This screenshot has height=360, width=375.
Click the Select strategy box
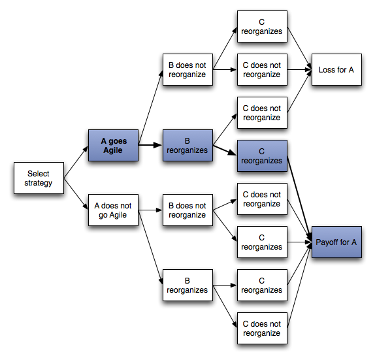click(39, 178)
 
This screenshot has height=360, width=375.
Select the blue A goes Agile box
click(113, 145)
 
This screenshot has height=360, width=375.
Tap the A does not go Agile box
click(113, 210)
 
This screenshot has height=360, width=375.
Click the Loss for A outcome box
click(336, 70)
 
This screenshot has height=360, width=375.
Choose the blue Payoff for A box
click(336, 242)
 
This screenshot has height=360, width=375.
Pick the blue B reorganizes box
click(187, 145)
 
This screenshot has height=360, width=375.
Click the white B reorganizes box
click(187, 286)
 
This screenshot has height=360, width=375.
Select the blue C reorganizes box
click(262, 155)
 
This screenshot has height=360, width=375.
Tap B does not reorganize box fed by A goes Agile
click(187, 70)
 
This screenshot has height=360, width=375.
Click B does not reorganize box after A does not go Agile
click(187, 210)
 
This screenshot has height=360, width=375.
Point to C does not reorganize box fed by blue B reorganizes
click(262, 113)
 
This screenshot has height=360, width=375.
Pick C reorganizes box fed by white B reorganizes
click(262, 286)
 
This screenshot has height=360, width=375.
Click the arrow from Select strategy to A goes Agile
click(76, 162)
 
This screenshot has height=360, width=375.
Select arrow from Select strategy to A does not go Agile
click(76, 195)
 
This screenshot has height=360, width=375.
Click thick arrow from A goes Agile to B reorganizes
click(150, 145)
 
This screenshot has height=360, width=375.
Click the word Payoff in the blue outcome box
click(327, 242)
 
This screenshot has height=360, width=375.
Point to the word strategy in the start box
click(39, 184)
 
